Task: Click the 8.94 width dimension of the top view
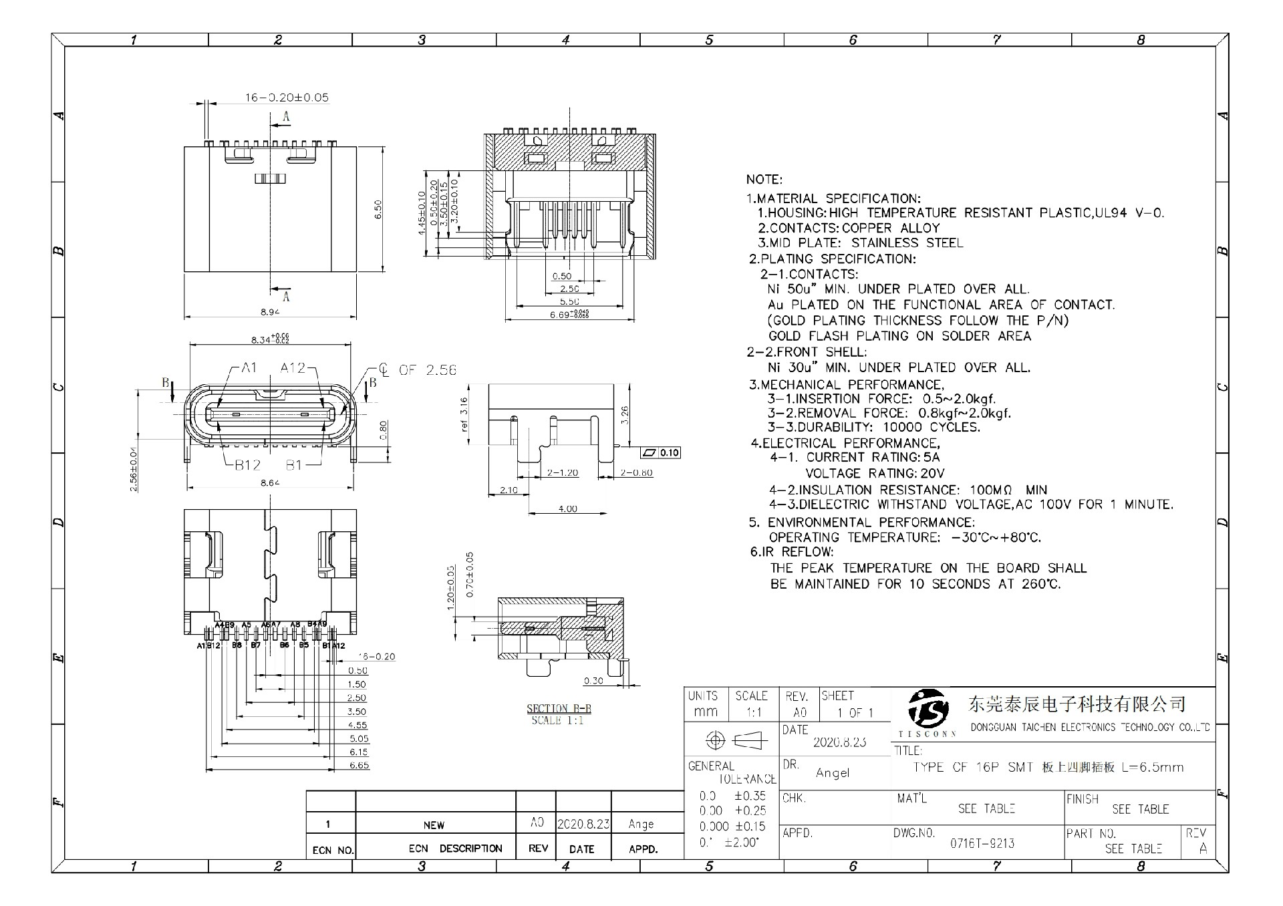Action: click(x=269, y=311)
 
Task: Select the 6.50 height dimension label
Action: click(x=378, y=209)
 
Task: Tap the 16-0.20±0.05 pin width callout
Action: click(x=287, y=98)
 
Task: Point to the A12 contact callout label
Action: click(x=292, y=367)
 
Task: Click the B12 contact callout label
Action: click(x=247, y=465)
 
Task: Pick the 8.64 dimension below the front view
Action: click(x=269, y=482)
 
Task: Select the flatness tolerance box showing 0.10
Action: click(x=660, y=453)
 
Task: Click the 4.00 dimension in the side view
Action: click(x=567, y=508)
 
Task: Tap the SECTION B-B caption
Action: click(x=559, y=709)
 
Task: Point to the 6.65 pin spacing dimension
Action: click(x=359, y=765)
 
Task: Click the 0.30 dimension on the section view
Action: click(x=593, y=681)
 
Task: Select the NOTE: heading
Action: click(x=764, y=180)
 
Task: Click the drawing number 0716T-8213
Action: click(x=982, y=843)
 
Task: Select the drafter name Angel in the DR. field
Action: click(x=832, y=773)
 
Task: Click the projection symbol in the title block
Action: click(x=732, y=740)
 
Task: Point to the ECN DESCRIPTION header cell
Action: click(x=455, y=849)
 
